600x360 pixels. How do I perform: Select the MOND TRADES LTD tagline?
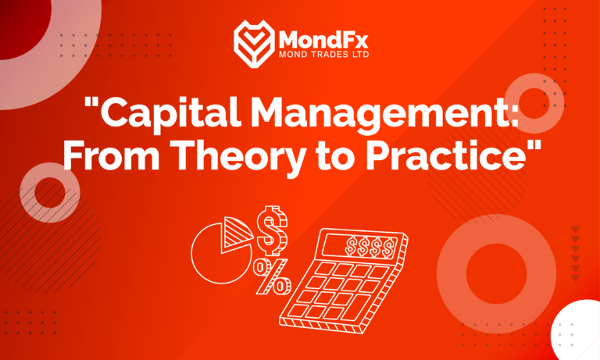321,55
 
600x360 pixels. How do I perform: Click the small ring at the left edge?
48,191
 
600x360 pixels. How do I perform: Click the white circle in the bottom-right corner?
579,333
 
